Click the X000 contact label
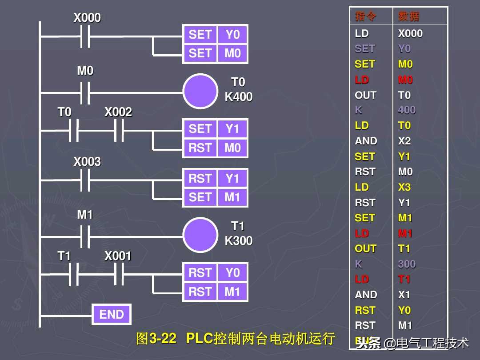click(87, 18)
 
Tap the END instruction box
click(112, 315)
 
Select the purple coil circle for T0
click(200, 91)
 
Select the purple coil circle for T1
click(200, 235)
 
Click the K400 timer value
click(239, 97)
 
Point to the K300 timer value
click(239, 241)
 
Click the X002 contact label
click(118, 112)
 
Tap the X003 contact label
click(87, 162)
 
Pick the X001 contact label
click(118, 256)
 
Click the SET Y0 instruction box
click(216, 35)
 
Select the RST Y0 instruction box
click(216, 273)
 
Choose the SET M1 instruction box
click(216, 197)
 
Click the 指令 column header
click(366, 17)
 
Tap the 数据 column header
click(409, 17)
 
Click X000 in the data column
click(410, 33)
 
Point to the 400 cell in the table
click(407, 110)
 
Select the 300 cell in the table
click(407, 264)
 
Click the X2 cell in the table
click(404, 141)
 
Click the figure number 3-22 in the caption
click(163, 339)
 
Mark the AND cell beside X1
click(366, 295)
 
